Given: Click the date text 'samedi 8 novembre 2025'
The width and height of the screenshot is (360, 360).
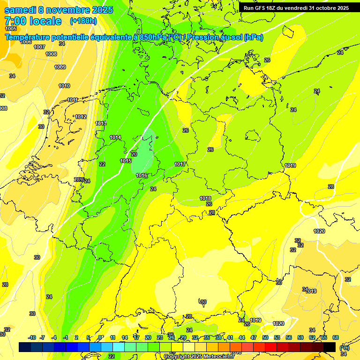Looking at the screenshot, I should (x=59, y=10).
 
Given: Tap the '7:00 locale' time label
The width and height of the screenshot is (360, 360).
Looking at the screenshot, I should (x=33, y=21).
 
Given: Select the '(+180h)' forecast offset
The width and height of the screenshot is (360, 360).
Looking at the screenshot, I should (x=83, y=21).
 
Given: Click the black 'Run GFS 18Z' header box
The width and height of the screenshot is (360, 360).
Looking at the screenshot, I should (x=296, y=8).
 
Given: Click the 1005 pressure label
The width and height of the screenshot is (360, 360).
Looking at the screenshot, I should (x=11, y=29).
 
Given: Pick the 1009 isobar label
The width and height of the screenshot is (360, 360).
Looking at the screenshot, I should (x=60, y=67).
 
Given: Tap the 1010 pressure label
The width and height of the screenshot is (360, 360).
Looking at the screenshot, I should (x=64, y=86).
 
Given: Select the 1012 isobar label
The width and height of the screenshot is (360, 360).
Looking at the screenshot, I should (x=81, y=117).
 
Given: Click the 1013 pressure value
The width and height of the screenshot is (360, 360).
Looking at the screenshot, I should (x=101, y=123).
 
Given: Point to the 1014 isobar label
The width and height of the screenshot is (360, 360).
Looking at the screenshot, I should (x=115, y=137).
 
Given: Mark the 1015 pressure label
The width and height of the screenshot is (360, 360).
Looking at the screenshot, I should (x=126, y=161).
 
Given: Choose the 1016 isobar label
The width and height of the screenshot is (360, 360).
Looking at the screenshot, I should (x=142, y=175).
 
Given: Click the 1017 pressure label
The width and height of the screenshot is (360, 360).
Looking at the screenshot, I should (x=180, y=164).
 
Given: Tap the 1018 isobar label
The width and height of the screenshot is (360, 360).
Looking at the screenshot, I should (x=205, y=198).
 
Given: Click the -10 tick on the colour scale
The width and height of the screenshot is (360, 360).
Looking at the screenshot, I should (x=32, y=337).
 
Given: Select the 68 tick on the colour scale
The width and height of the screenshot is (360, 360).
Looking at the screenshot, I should (x=336, y=337).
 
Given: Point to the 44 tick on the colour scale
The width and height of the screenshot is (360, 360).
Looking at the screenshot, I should (x=242, y=337).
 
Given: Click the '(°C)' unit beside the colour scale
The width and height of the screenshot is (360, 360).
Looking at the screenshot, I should (x=344, y=347).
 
